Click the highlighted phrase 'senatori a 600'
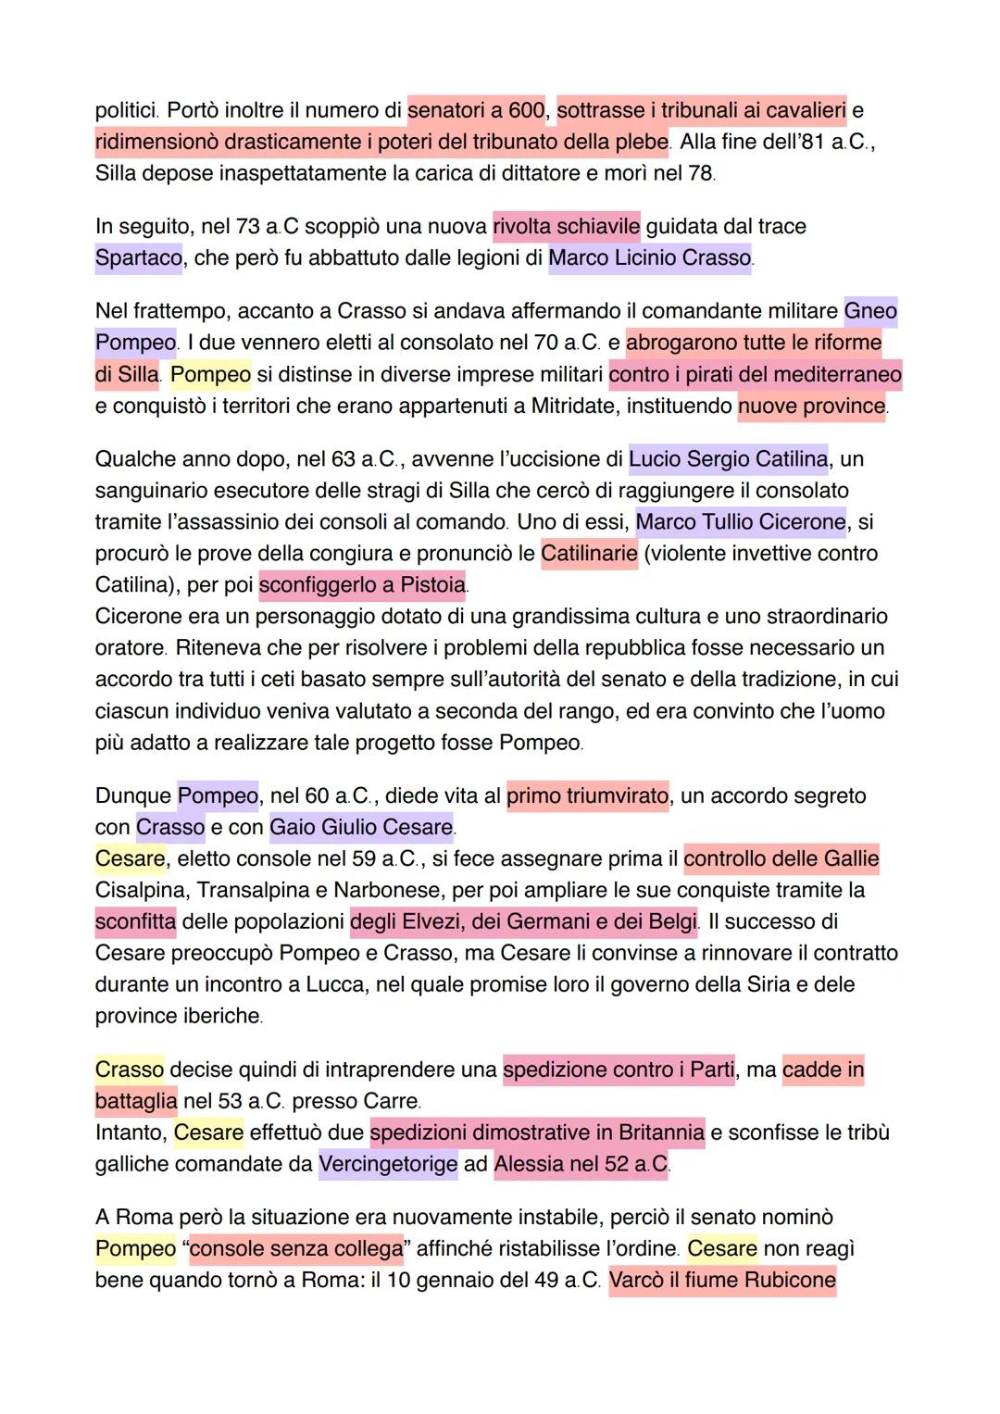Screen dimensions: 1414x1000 [477, 111]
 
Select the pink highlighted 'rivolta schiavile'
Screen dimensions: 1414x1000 [567, 227]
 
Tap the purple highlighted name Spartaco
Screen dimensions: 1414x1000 [139, 258]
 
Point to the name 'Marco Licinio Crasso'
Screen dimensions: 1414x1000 [649, 258]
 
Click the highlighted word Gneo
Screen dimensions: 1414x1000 [870, 311]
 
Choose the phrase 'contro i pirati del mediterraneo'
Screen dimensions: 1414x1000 [756, 374]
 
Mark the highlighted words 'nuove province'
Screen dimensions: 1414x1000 [811, 406]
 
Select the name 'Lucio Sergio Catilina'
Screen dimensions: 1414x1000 [729, 458]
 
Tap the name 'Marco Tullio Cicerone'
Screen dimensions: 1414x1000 [741, 521]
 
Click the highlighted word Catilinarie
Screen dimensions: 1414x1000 [589, 554]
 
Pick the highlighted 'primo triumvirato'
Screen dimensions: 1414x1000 [587, 795]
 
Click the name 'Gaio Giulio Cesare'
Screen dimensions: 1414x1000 [361, 827]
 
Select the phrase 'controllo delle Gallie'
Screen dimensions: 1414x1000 [781, 858]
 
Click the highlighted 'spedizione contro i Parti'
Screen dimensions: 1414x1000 [619, 1070]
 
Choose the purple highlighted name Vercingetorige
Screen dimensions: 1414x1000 [388, 1164]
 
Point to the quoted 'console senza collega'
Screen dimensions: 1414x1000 [296, 1248]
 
